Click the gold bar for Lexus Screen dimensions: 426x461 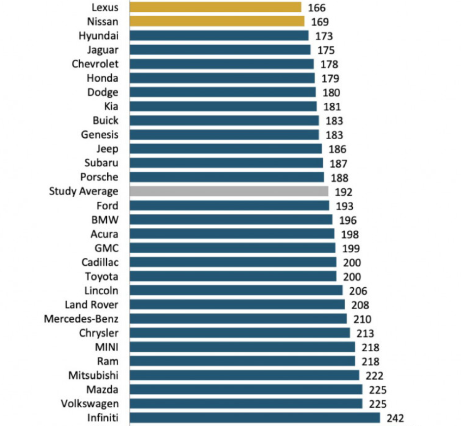tap(215, 7)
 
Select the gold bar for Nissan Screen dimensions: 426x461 tap(216, 21)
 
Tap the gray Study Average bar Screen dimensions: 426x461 tap(229, 191)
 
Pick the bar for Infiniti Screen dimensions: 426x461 tap(254, 418)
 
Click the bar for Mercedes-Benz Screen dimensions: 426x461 tap(238, 319)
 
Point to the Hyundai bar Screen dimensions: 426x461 tap(219, 35)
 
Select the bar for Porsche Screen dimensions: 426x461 tap(226, 177)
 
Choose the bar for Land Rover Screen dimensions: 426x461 tap(237, 304)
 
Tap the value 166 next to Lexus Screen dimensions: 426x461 tap(316, 7)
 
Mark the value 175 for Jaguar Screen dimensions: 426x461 tap(325, 50)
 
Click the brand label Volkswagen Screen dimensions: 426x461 tap(90, 404)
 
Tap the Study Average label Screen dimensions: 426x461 tap(84, 191)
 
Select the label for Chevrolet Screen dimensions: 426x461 tap(95, 64)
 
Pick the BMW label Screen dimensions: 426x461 tap(105, 220)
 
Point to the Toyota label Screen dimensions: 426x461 tap(101, 276)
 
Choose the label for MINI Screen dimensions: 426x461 tap(106, 347)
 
